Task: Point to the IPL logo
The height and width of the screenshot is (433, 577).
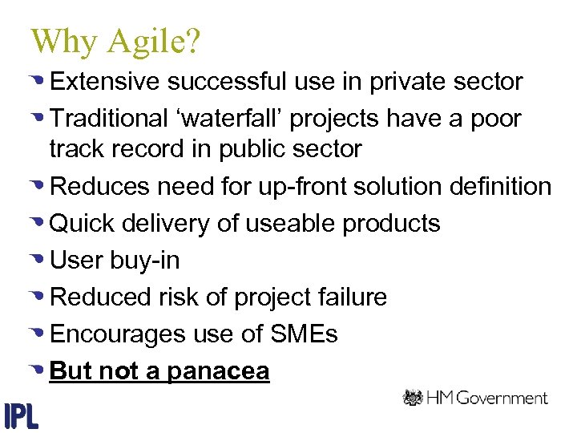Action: coord(22,414)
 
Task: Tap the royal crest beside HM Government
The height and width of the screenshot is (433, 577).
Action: coord(414,398)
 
